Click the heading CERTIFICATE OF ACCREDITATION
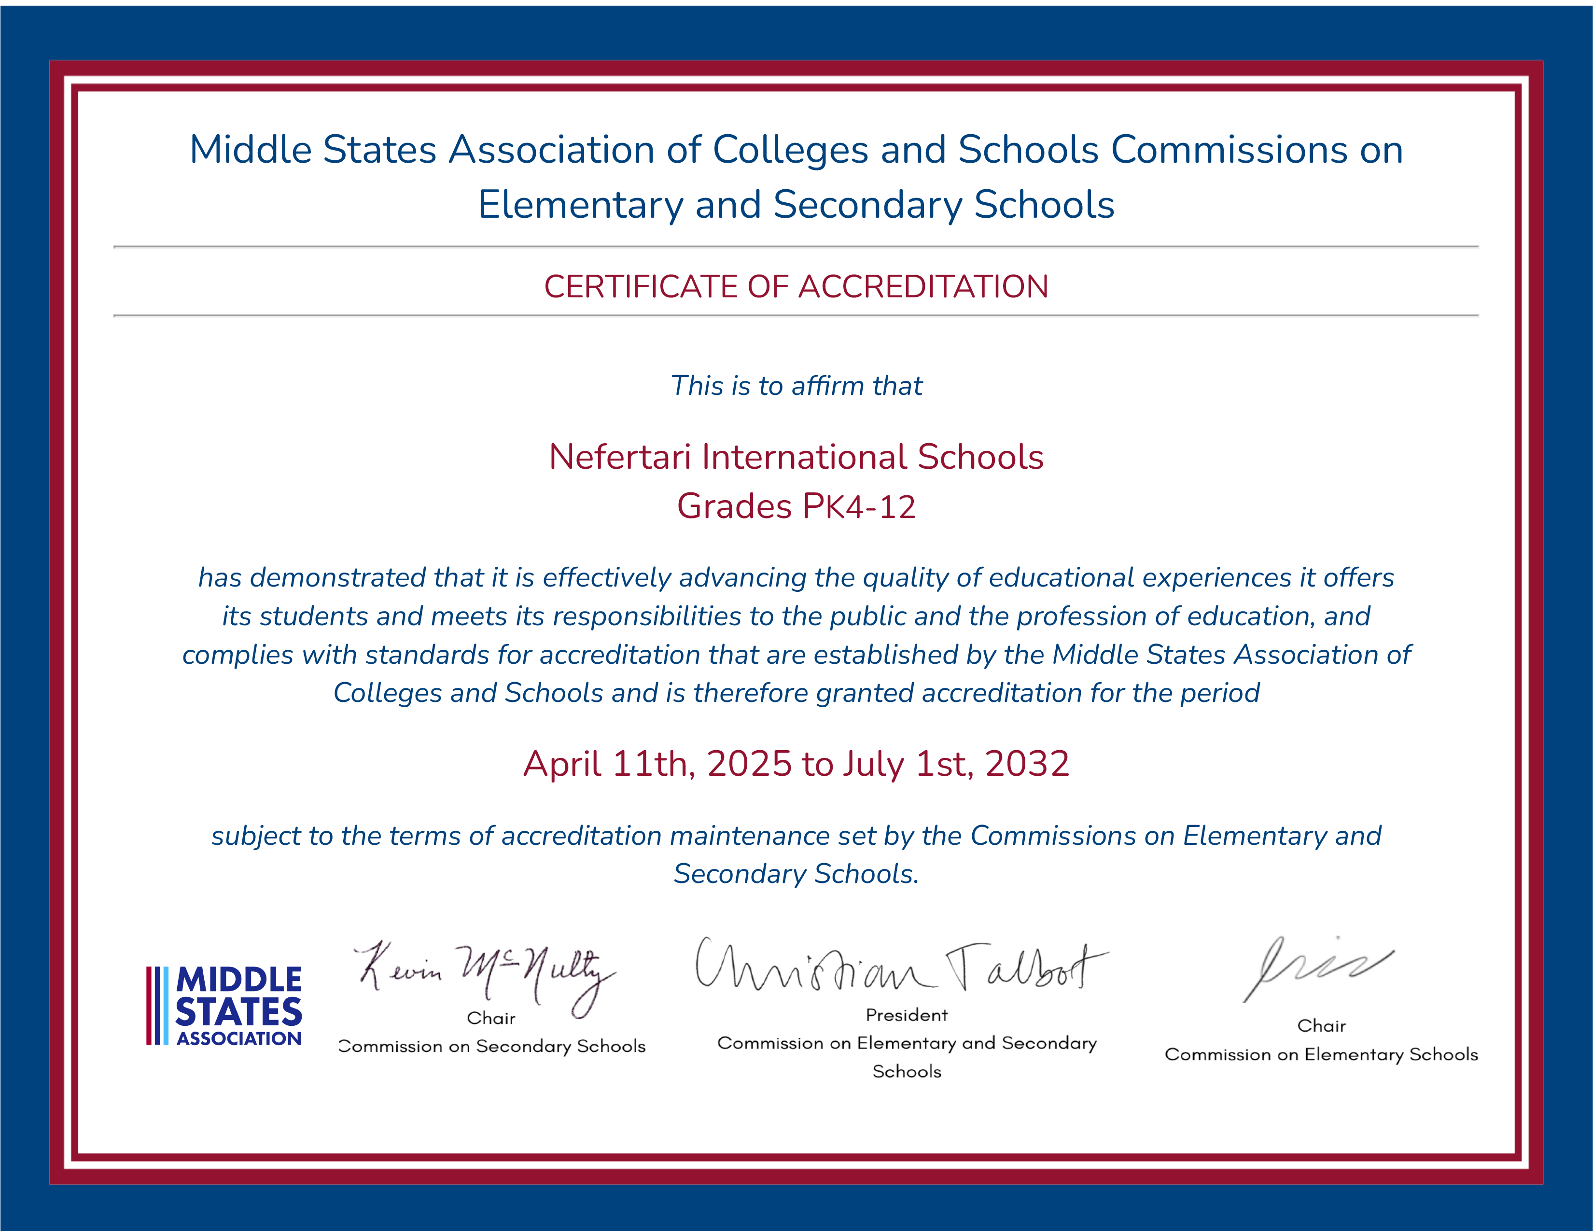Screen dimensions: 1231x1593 coord(796,287)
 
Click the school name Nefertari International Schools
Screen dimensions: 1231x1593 coord(796,457)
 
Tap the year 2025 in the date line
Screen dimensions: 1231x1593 coord(749,764)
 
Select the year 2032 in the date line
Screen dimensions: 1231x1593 coord(1027,764)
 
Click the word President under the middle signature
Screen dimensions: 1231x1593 coord(907,1015)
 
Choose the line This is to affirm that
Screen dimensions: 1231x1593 coord(796,386)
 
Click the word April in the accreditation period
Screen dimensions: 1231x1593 coord(562,764)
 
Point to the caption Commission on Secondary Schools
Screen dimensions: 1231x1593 coord(492,1047)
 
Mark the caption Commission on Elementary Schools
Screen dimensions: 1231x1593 coord(1321,1054)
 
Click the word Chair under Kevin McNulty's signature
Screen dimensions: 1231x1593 coord(491,1018)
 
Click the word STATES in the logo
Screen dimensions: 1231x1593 coord(238,1012)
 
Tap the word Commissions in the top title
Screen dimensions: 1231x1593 coord(1229,150)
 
